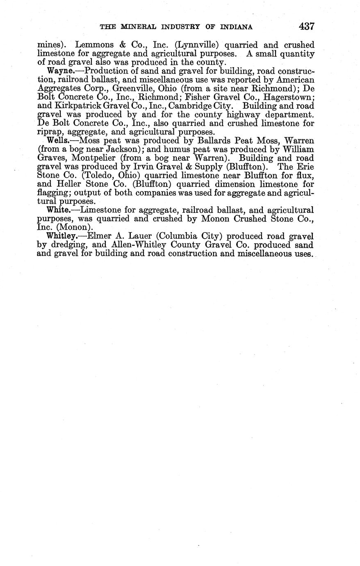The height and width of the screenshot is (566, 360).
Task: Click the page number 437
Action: [306, 27]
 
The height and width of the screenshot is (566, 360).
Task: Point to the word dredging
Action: [72, 245]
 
